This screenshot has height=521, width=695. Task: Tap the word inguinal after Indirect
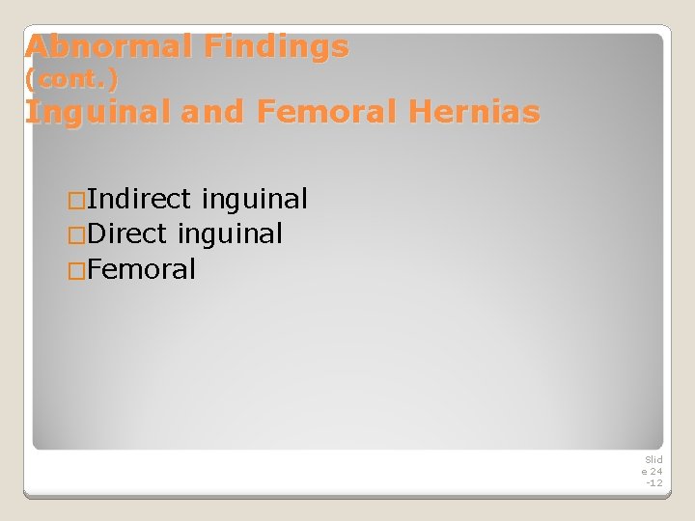click(x=255, y=200)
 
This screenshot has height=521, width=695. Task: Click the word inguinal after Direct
click(x=230, y=234)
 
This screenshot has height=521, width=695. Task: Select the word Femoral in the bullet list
click(x=141, y=269)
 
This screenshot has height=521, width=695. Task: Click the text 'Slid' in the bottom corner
click(x=653, y=460)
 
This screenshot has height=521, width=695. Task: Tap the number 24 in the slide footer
click(x=656, y=471)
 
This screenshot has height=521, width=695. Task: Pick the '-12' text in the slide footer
click(x=653, y=482)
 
